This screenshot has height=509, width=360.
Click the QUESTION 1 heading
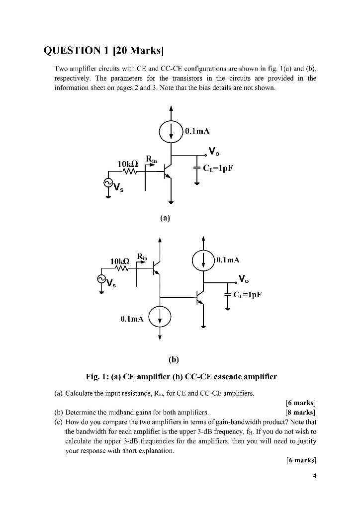(104, 51)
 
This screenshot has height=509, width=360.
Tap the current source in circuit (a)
(171, 132)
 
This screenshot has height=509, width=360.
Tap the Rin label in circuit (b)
(142, 257)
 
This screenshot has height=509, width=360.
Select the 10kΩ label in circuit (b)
(119, 260)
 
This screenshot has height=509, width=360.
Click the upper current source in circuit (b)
(203, 260)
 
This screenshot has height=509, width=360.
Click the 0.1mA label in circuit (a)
(197, 131)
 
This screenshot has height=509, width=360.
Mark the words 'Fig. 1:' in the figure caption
(98, 376)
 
